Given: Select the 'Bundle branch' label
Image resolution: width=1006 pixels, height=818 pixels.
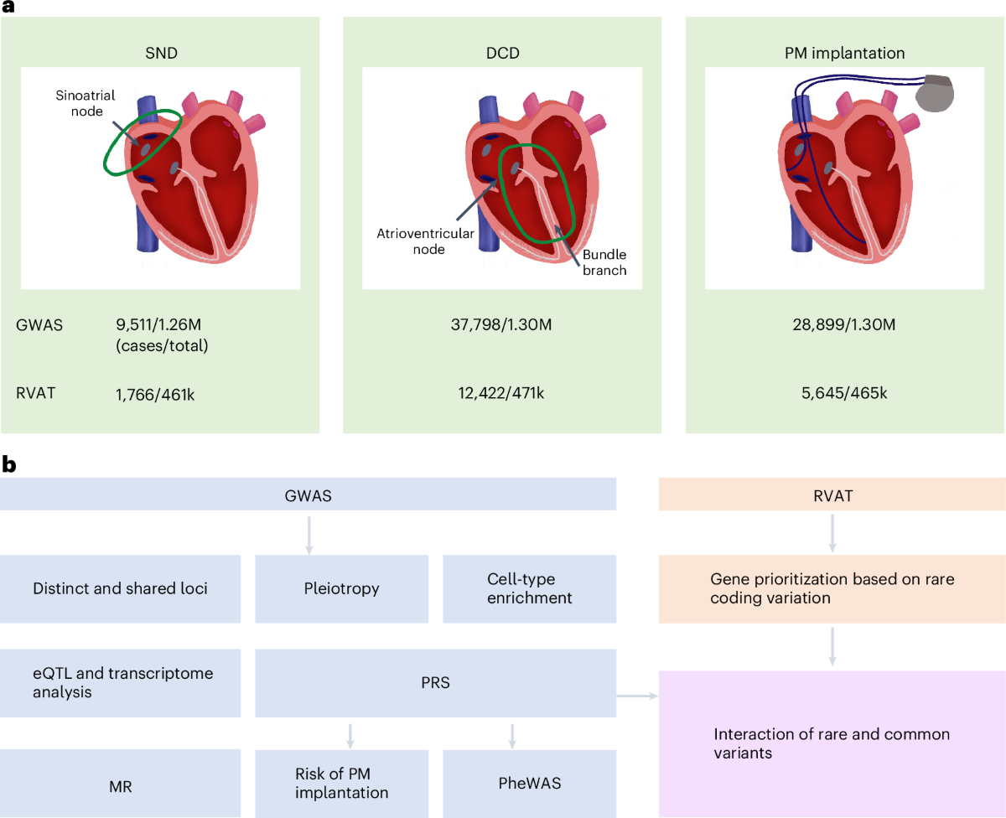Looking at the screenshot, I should [x=605, y=261].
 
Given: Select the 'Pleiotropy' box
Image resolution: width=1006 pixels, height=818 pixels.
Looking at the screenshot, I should [x=341, y=588].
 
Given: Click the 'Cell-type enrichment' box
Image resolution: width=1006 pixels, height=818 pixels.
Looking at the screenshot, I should [x=529, y=588].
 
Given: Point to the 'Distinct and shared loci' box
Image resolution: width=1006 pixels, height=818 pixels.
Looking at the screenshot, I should [x=120, y=588].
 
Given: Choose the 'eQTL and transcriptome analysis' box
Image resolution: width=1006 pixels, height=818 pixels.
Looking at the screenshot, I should [x=120, y=683].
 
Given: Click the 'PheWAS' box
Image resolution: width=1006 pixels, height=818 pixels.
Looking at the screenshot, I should [x=529, y=783].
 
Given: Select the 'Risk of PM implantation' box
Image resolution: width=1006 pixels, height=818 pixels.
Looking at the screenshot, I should [x=341, y=783].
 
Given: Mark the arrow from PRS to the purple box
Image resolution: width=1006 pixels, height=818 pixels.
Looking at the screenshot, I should [x=637, y=695].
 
